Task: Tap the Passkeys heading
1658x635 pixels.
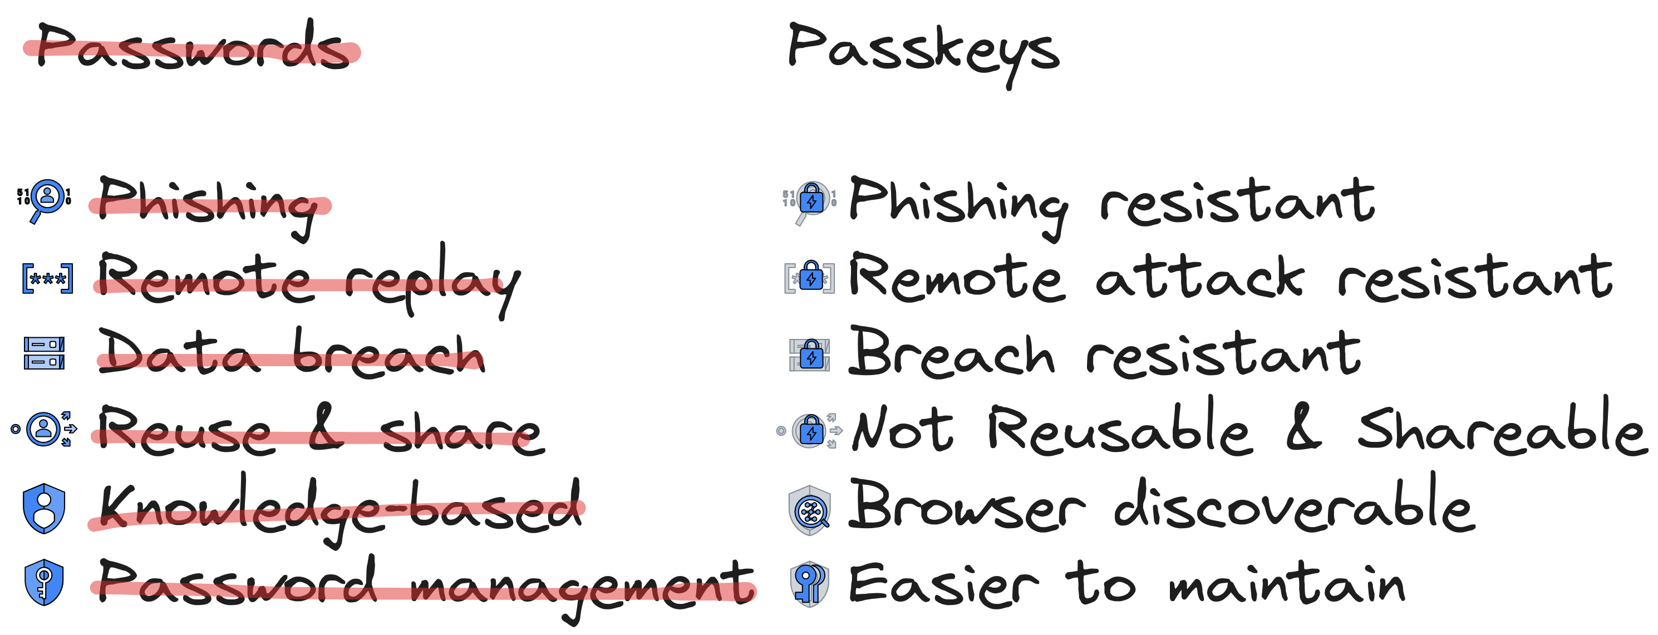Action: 923,50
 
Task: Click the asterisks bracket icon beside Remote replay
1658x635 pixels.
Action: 47,279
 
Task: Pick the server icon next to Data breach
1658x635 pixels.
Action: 44,353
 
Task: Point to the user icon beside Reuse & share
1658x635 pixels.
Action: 45,429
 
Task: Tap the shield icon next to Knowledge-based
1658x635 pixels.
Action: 44,508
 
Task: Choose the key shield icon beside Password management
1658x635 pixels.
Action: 44,583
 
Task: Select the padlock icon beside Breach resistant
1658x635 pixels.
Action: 810,355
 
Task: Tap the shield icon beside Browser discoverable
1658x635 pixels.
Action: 809,511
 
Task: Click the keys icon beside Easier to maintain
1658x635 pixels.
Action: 809,584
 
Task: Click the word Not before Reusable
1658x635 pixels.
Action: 902,429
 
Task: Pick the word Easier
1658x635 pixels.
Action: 943,584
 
